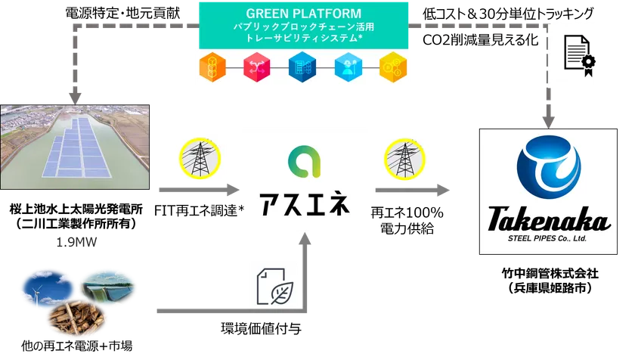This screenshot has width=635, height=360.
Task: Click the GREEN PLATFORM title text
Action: (303, 14)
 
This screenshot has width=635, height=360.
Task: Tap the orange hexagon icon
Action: (212, 67)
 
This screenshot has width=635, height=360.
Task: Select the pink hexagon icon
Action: (257, 67)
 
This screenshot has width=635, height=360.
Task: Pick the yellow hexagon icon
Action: (393, 67)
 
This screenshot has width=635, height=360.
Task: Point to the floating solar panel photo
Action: (75, 147)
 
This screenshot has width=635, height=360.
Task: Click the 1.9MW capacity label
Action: (76, 242)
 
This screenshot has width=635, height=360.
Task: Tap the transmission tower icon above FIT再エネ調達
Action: (200, 158)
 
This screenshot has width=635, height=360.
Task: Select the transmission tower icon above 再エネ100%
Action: (404, 160)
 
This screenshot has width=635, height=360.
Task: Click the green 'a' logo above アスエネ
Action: (304, 162)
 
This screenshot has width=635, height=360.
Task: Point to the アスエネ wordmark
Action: (305, 203)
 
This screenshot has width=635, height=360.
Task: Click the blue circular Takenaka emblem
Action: (549, 167)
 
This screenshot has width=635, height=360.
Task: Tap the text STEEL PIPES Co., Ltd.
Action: (547, 238)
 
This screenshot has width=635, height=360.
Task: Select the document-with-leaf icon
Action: (275, 287)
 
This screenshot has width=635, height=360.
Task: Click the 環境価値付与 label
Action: (262, 328)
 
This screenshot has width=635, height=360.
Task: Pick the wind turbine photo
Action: (48, 289)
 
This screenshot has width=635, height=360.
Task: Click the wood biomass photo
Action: (77, 318)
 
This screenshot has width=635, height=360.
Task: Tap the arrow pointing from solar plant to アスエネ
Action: (200, 190)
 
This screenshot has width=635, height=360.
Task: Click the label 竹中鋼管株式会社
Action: (550, 273)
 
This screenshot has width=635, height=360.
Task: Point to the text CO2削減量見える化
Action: (480, 39)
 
